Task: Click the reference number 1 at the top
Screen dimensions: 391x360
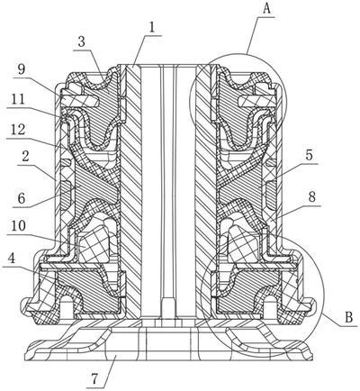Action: tap(154, 28)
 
